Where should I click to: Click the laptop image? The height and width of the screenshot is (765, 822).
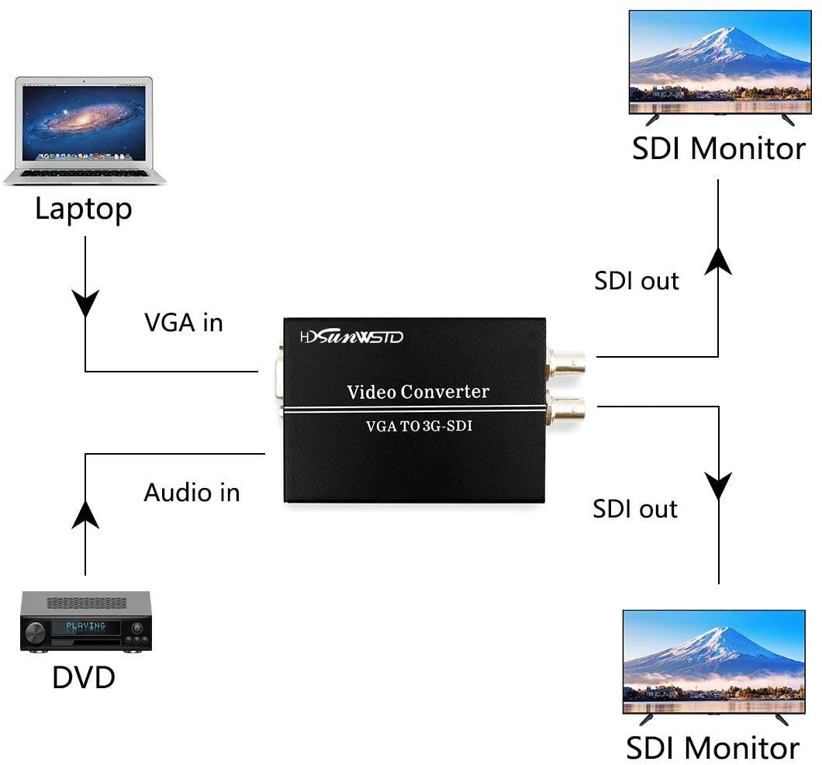click(x=85, y=128)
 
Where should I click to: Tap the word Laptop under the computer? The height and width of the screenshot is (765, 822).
click(x=84, y=209)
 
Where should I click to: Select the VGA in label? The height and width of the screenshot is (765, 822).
click(x=184, y=323)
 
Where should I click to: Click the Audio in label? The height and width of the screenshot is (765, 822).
click(x=192, y=493)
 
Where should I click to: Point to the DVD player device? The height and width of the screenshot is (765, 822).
click(x=85, y=621)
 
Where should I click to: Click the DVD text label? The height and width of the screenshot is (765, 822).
click(x=84, y=677)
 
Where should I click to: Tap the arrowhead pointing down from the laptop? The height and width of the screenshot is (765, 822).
click(x=85, y=303)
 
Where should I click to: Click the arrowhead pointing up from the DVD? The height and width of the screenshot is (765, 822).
click(x=85, y=513)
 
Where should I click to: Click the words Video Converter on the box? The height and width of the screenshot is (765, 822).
click(x=418, y=392)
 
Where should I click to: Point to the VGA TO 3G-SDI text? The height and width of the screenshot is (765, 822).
click(x=419, y=425)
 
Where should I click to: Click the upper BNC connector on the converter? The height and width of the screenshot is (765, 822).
click(x=570, y=361)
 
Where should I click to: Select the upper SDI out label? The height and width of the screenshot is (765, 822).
click(x=636, y=281)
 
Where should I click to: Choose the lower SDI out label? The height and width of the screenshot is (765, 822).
click(x=635, y=509)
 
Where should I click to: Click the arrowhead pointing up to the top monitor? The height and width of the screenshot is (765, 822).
click(x=718, y=261)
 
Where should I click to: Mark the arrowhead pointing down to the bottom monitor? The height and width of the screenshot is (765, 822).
click(x=719, y=486)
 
